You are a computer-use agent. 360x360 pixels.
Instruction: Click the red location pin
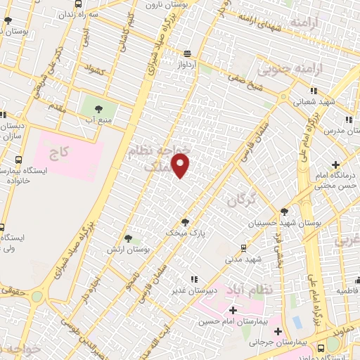click(181, 165)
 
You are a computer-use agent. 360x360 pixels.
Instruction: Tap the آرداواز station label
click(187, 64)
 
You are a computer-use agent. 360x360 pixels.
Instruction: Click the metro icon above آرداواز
click(187, 53)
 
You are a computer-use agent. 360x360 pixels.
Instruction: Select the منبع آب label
click(98, 120)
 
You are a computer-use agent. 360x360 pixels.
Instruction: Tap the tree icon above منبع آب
click(98, 109)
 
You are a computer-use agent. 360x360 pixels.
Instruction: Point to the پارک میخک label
click(178, 232)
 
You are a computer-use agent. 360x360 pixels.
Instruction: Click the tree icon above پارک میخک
click(186, 221)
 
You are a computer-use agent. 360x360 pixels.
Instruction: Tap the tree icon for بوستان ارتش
click(127, 239)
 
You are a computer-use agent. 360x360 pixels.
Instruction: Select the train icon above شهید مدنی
click(243, 247)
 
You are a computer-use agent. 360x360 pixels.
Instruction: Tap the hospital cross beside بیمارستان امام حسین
click(233, 310)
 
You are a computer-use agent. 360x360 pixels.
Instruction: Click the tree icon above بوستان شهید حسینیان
click(284, 212)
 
